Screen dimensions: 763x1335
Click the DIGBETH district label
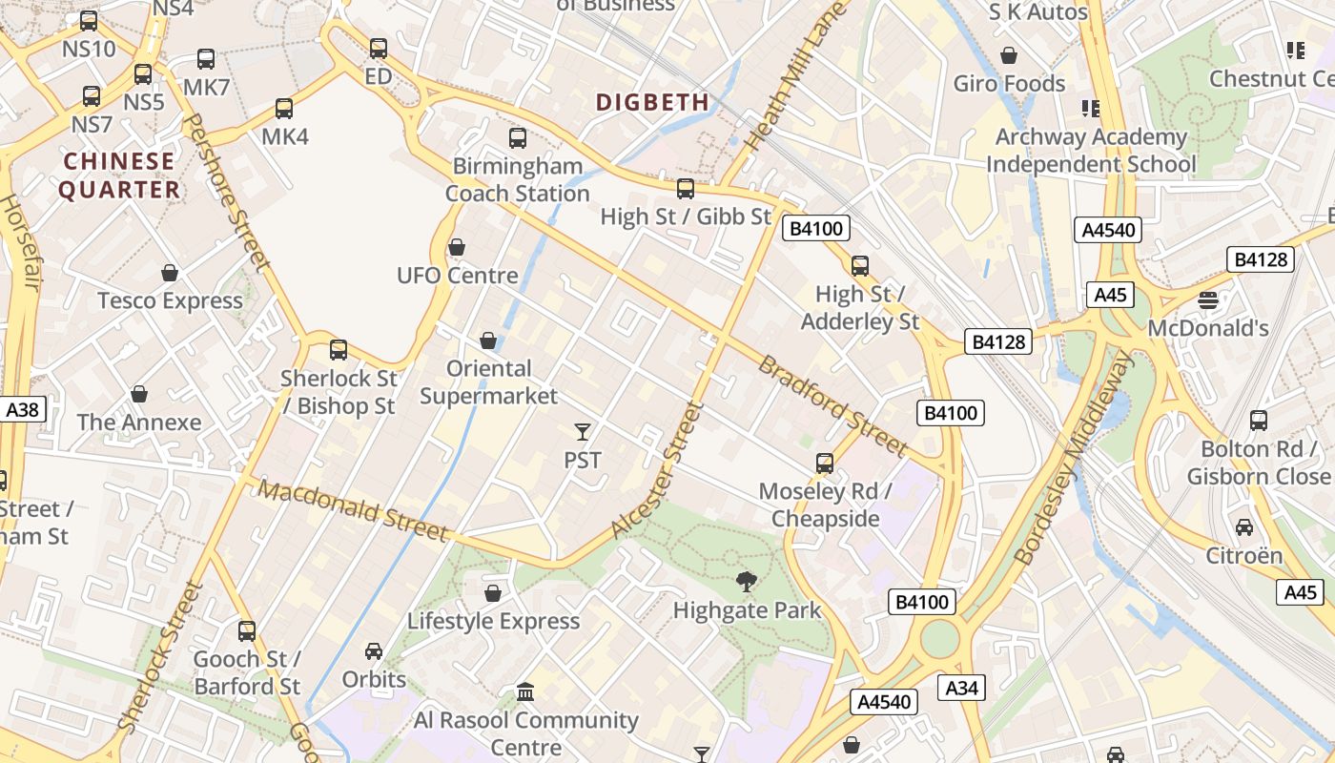coord(652,102)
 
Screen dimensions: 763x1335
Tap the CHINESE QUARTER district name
coord(119,175)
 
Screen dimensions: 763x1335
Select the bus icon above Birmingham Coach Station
coord(518,138)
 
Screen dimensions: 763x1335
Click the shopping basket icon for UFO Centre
coord(457,248)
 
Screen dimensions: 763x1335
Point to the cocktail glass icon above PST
coord(583,432)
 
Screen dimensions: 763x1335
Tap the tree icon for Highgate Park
coord(747,581)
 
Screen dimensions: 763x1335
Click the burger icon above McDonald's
coord(1208,300)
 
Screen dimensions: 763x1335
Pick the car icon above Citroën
coord(1244,526)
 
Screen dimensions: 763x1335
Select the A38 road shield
coord(23,410)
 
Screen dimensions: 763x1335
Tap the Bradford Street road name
coord(833,405)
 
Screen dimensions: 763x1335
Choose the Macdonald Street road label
coord(353,511)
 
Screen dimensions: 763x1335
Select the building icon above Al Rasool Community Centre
coord(525,691)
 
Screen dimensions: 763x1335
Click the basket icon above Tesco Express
coord(170,274)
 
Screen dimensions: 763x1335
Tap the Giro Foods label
coord(1009,84)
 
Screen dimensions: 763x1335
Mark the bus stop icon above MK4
coord(284,109)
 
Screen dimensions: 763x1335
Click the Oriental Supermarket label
coord(489,381)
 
